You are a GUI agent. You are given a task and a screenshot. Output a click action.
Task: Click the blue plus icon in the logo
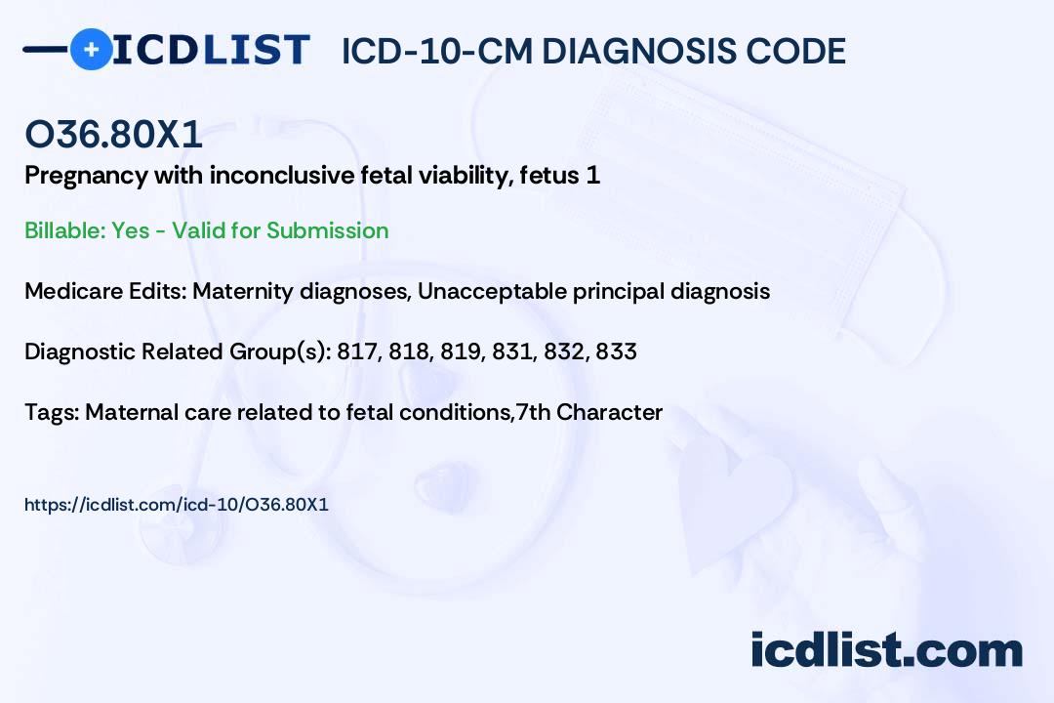tap(91, 50)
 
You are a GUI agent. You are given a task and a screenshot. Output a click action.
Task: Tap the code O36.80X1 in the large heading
tap(113, 134)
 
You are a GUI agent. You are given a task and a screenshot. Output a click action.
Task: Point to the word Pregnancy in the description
tap(87, 177)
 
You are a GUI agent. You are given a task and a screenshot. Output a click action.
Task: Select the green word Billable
tap(65, 230)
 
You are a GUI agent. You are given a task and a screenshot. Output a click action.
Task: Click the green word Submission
tap(327, 230)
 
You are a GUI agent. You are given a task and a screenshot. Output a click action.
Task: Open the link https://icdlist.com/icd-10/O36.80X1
tap(177, 505)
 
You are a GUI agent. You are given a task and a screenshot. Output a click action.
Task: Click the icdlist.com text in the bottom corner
tap(886, 650)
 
